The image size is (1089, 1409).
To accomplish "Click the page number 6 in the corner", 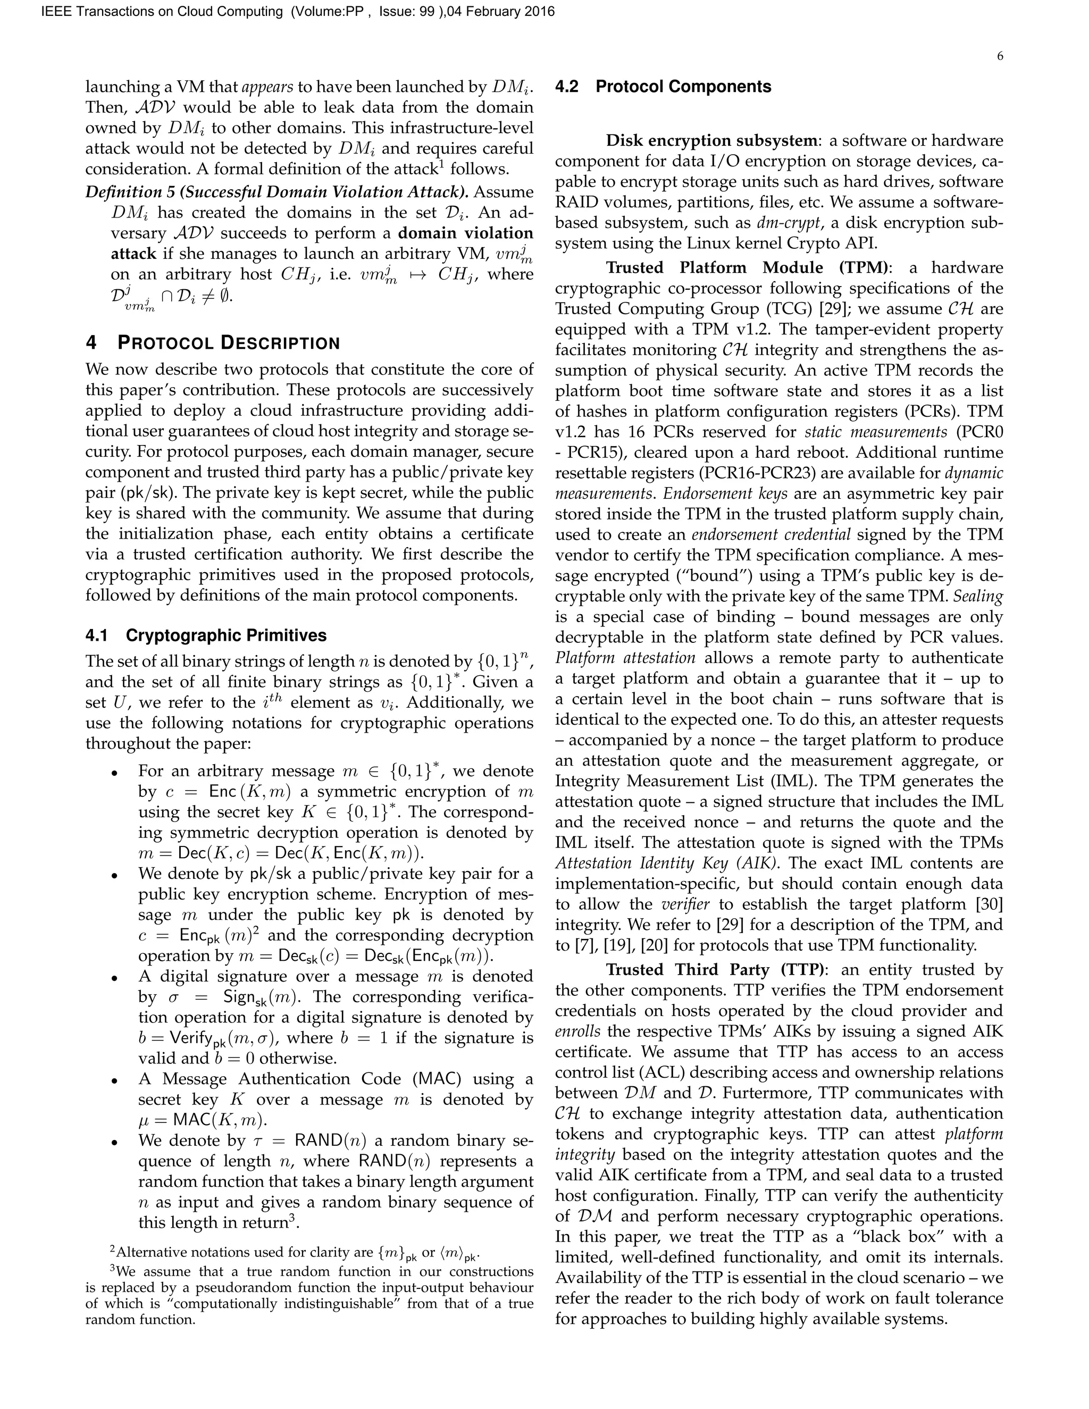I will pos(999,56).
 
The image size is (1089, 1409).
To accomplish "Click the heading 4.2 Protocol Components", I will pos(663,87).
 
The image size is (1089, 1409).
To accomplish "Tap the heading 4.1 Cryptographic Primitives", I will pos(206,635).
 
